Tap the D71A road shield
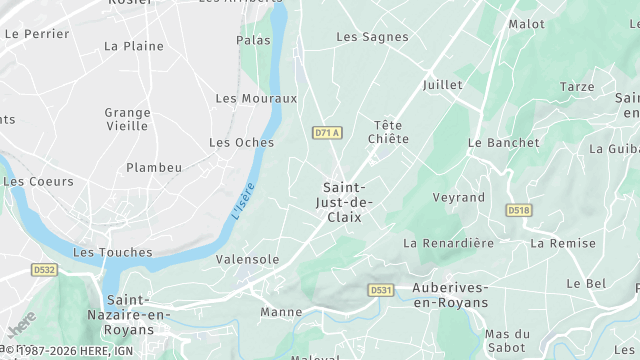327,132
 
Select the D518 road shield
517,210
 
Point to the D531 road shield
380,290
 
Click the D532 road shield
44,269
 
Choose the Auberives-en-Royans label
450,295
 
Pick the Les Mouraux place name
256,98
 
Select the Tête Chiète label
390,132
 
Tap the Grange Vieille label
128,120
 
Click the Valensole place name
247,259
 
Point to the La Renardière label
449,243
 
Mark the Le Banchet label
503,143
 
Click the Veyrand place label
458,197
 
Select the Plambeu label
154,168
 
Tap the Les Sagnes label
372,37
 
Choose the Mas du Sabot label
507,341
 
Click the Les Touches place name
113,253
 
